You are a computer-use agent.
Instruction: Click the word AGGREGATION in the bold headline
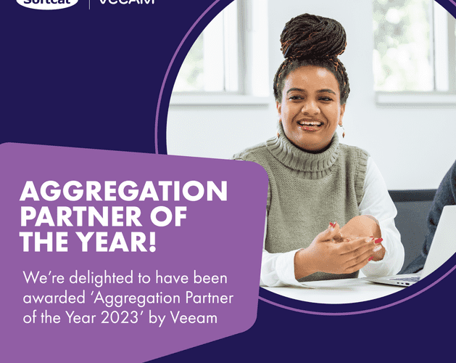(x=123, y=192)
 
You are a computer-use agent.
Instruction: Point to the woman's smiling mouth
(x=310, y=125)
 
